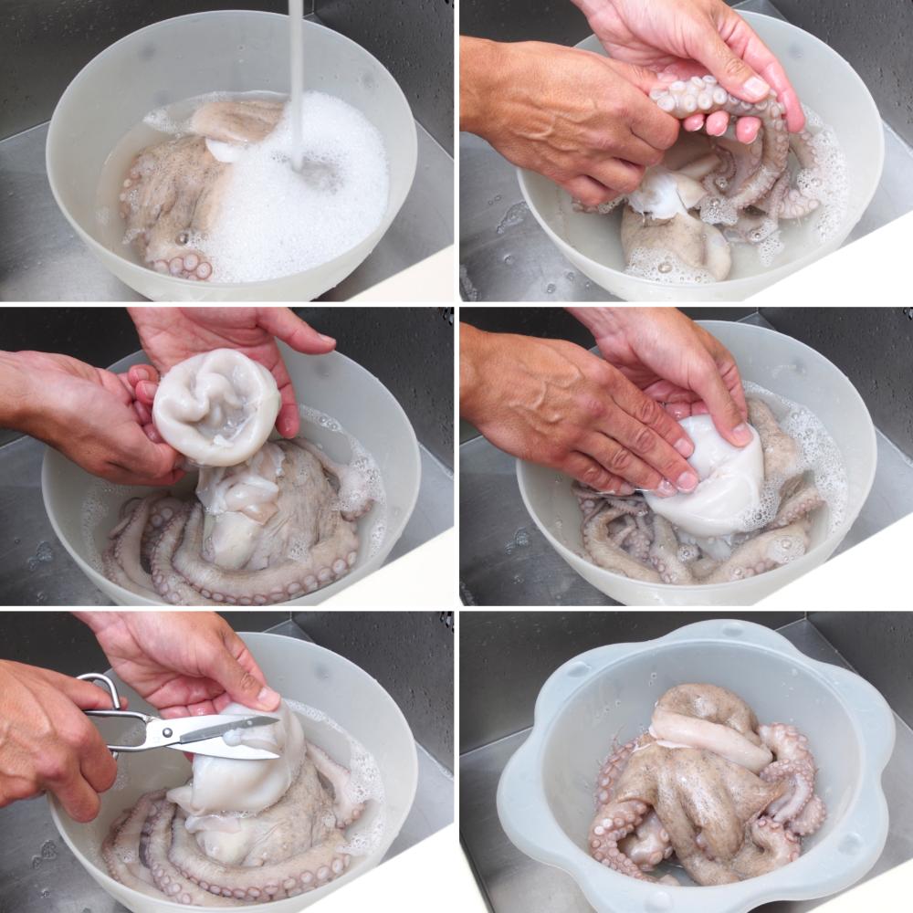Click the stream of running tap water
[296, 73]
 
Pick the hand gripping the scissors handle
[55, 740]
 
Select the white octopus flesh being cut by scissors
[247, 776]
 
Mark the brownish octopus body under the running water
[173, 192]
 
